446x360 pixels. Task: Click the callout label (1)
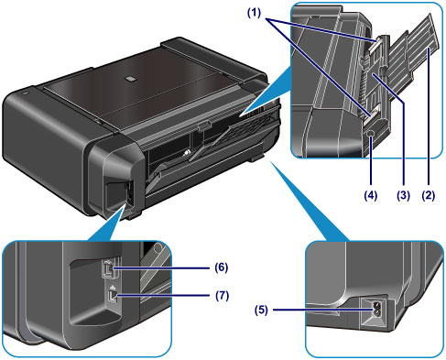(254, 13)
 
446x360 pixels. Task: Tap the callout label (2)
(429, 195)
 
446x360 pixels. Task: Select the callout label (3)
(403, 195)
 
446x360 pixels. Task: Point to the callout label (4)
(370, 195)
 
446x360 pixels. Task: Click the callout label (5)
(261, 310)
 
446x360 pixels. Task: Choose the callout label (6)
(222, 267)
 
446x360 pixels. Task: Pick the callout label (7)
(222, 295)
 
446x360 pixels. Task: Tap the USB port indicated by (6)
(109, 268)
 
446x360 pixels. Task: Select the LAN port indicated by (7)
(113, 296)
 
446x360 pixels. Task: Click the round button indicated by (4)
(371, 133)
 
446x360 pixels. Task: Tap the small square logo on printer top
(131, 79)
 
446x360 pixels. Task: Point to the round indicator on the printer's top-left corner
(25, 92)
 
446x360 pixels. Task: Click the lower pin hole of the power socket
(376, 312)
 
